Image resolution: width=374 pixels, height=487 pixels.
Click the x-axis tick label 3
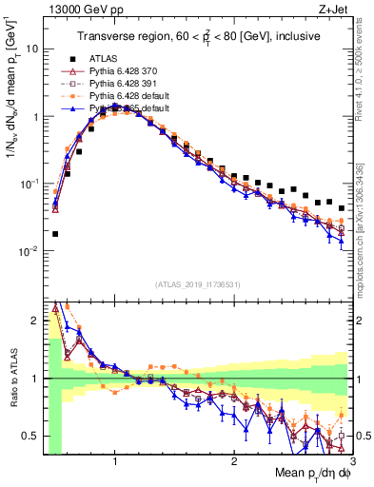[352, 461]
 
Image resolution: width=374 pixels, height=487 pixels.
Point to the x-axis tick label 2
[234, 461]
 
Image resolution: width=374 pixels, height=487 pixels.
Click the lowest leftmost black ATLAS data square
[55, 233]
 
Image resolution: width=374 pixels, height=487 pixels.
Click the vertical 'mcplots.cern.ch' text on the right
[364, 238]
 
